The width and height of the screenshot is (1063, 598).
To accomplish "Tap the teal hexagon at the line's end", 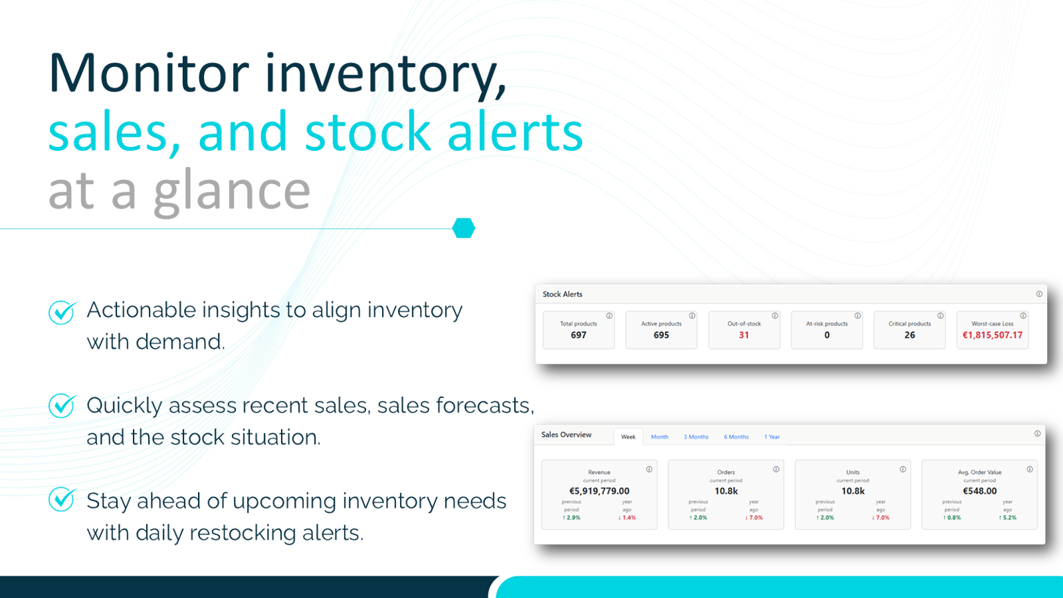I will pos(464,228).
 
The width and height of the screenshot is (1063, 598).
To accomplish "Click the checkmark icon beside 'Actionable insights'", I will pos(62,312).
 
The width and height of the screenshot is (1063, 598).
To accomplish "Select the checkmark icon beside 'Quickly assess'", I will pos(62,405).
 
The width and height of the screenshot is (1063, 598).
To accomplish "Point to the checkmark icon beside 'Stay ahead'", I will pos(62,500).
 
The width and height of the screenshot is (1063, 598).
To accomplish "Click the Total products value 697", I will pos(579,336).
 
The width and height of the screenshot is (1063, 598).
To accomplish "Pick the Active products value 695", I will pos(661,336).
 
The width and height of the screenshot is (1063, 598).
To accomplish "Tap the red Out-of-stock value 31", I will pos(744,336).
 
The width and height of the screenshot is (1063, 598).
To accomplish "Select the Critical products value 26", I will pos(910,336).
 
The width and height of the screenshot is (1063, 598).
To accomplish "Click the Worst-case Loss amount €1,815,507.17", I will pos(993,336).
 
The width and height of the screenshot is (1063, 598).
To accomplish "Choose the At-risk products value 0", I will pos(827,336).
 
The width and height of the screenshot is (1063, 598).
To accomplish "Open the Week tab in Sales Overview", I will pos(628,437).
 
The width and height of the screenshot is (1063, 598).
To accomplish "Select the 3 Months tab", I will pos(696,437).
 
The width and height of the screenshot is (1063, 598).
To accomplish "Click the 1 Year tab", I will pos(772,437).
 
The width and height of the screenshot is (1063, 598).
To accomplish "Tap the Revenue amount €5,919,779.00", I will pos(599,491).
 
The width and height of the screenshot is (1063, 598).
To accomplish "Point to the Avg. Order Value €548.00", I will pos(980,491).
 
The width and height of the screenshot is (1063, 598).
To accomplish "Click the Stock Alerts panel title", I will pos(562,294).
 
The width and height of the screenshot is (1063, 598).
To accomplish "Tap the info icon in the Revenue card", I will pos(649,469).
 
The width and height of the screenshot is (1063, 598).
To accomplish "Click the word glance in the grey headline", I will pos(232,191).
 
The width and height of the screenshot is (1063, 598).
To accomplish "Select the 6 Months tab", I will pos(736,437).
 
